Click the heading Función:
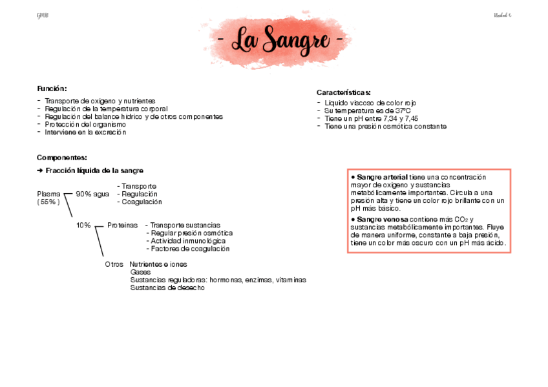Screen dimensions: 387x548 tap(52, 89)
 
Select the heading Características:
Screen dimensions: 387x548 tap(343, 93)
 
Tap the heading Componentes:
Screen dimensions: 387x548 tap(62, 158)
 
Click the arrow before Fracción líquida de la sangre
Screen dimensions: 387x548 tap(40, 171)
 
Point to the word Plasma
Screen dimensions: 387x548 tap(49, 194)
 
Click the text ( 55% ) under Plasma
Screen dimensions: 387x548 tap(48, 202)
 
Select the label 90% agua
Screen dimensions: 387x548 tap(92, 194)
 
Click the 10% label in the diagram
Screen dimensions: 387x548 tap(83, 225)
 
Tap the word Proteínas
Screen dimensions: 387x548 tap(123, 225)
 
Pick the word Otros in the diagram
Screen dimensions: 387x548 tap(114, 264)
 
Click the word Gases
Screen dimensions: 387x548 tap(140, 272)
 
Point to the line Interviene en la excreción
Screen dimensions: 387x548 tap(85, 132)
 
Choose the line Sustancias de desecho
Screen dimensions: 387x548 tap(167, 288)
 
